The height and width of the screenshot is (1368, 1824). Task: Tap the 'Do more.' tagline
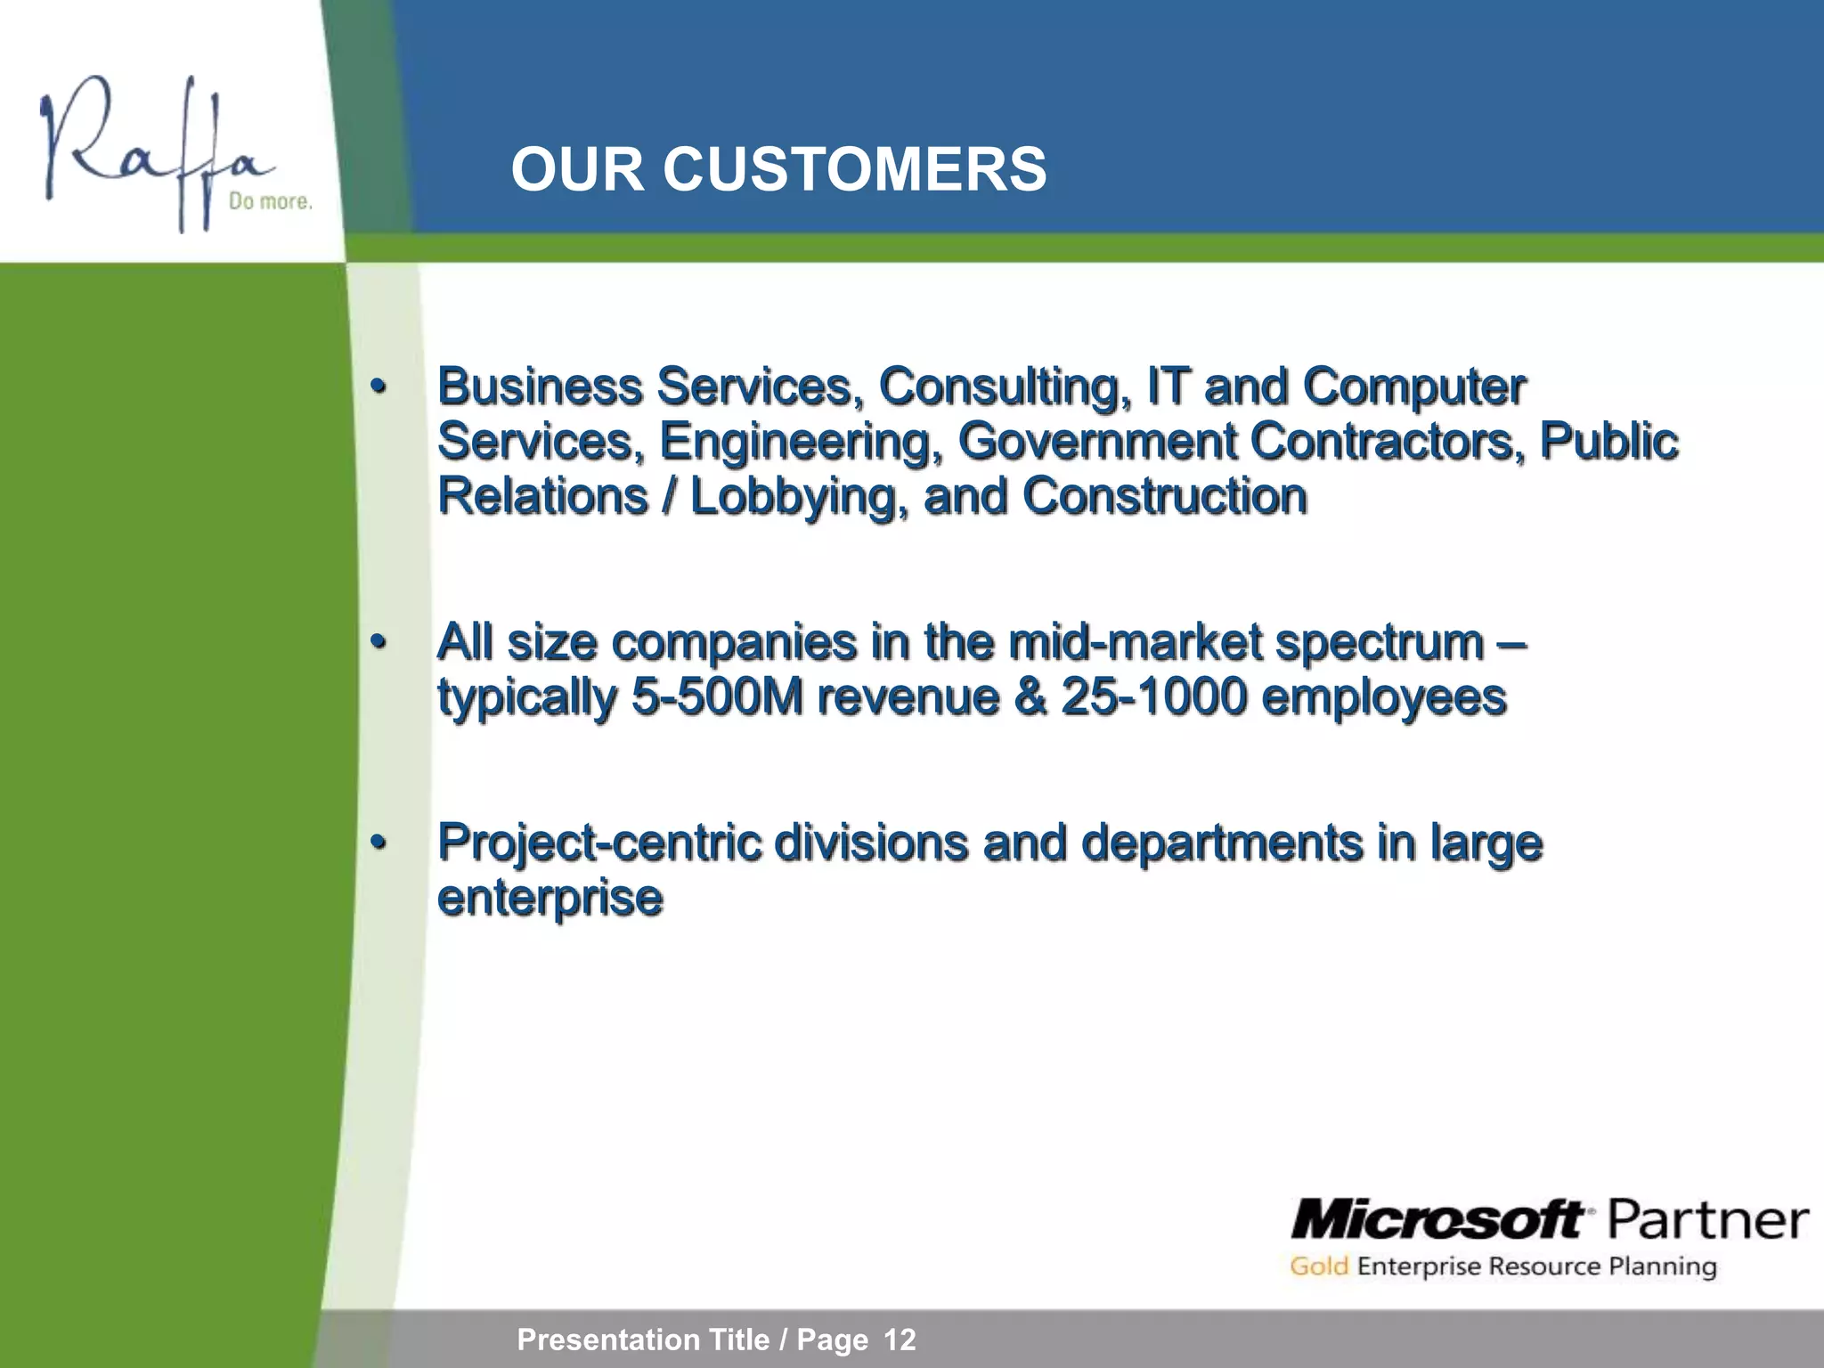271,202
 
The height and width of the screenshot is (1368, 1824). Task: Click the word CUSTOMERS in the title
854,169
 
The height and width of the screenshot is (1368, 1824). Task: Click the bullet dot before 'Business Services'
379,387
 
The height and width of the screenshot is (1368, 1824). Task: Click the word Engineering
801,442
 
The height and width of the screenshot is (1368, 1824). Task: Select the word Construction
1164,496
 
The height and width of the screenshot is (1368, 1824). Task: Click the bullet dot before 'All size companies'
379,642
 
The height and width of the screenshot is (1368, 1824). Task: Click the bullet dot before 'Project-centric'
379,843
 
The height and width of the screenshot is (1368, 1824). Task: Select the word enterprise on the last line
550,898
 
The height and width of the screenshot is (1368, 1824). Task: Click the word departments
1221,843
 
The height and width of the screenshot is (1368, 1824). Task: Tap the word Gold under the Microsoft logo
1318,1266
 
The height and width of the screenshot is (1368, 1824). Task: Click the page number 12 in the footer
900,1339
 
